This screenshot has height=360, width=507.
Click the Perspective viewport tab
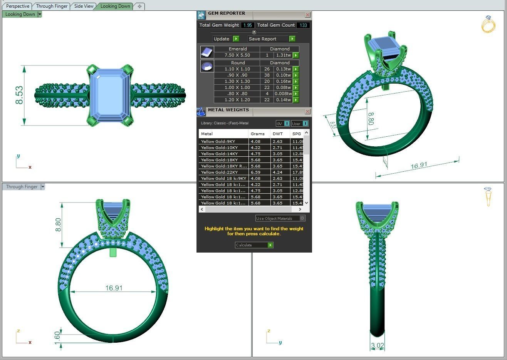coord(18,6)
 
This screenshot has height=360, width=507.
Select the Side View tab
coord(84,6)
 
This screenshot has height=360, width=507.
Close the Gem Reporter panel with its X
coord(307,15)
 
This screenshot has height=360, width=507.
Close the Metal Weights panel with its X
coord(307,111)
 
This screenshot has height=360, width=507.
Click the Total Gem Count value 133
coord(303,25)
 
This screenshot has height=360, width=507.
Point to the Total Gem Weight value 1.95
coord(247,25)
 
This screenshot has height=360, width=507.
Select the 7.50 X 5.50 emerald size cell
coord(237,55)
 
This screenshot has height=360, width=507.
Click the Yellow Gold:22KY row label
coord(220,172)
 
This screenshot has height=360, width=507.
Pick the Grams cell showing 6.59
coord(255,172)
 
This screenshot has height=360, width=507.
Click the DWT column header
coord(277,134)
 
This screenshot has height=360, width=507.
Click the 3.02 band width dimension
coord(377,345)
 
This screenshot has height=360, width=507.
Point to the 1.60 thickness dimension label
coord(57,336)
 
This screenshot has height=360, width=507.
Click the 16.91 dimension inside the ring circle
coord(114,288)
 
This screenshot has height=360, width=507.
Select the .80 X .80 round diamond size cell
coord(237,94)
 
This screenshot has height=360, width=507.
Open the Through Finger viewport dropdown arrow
coord(43,187)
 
